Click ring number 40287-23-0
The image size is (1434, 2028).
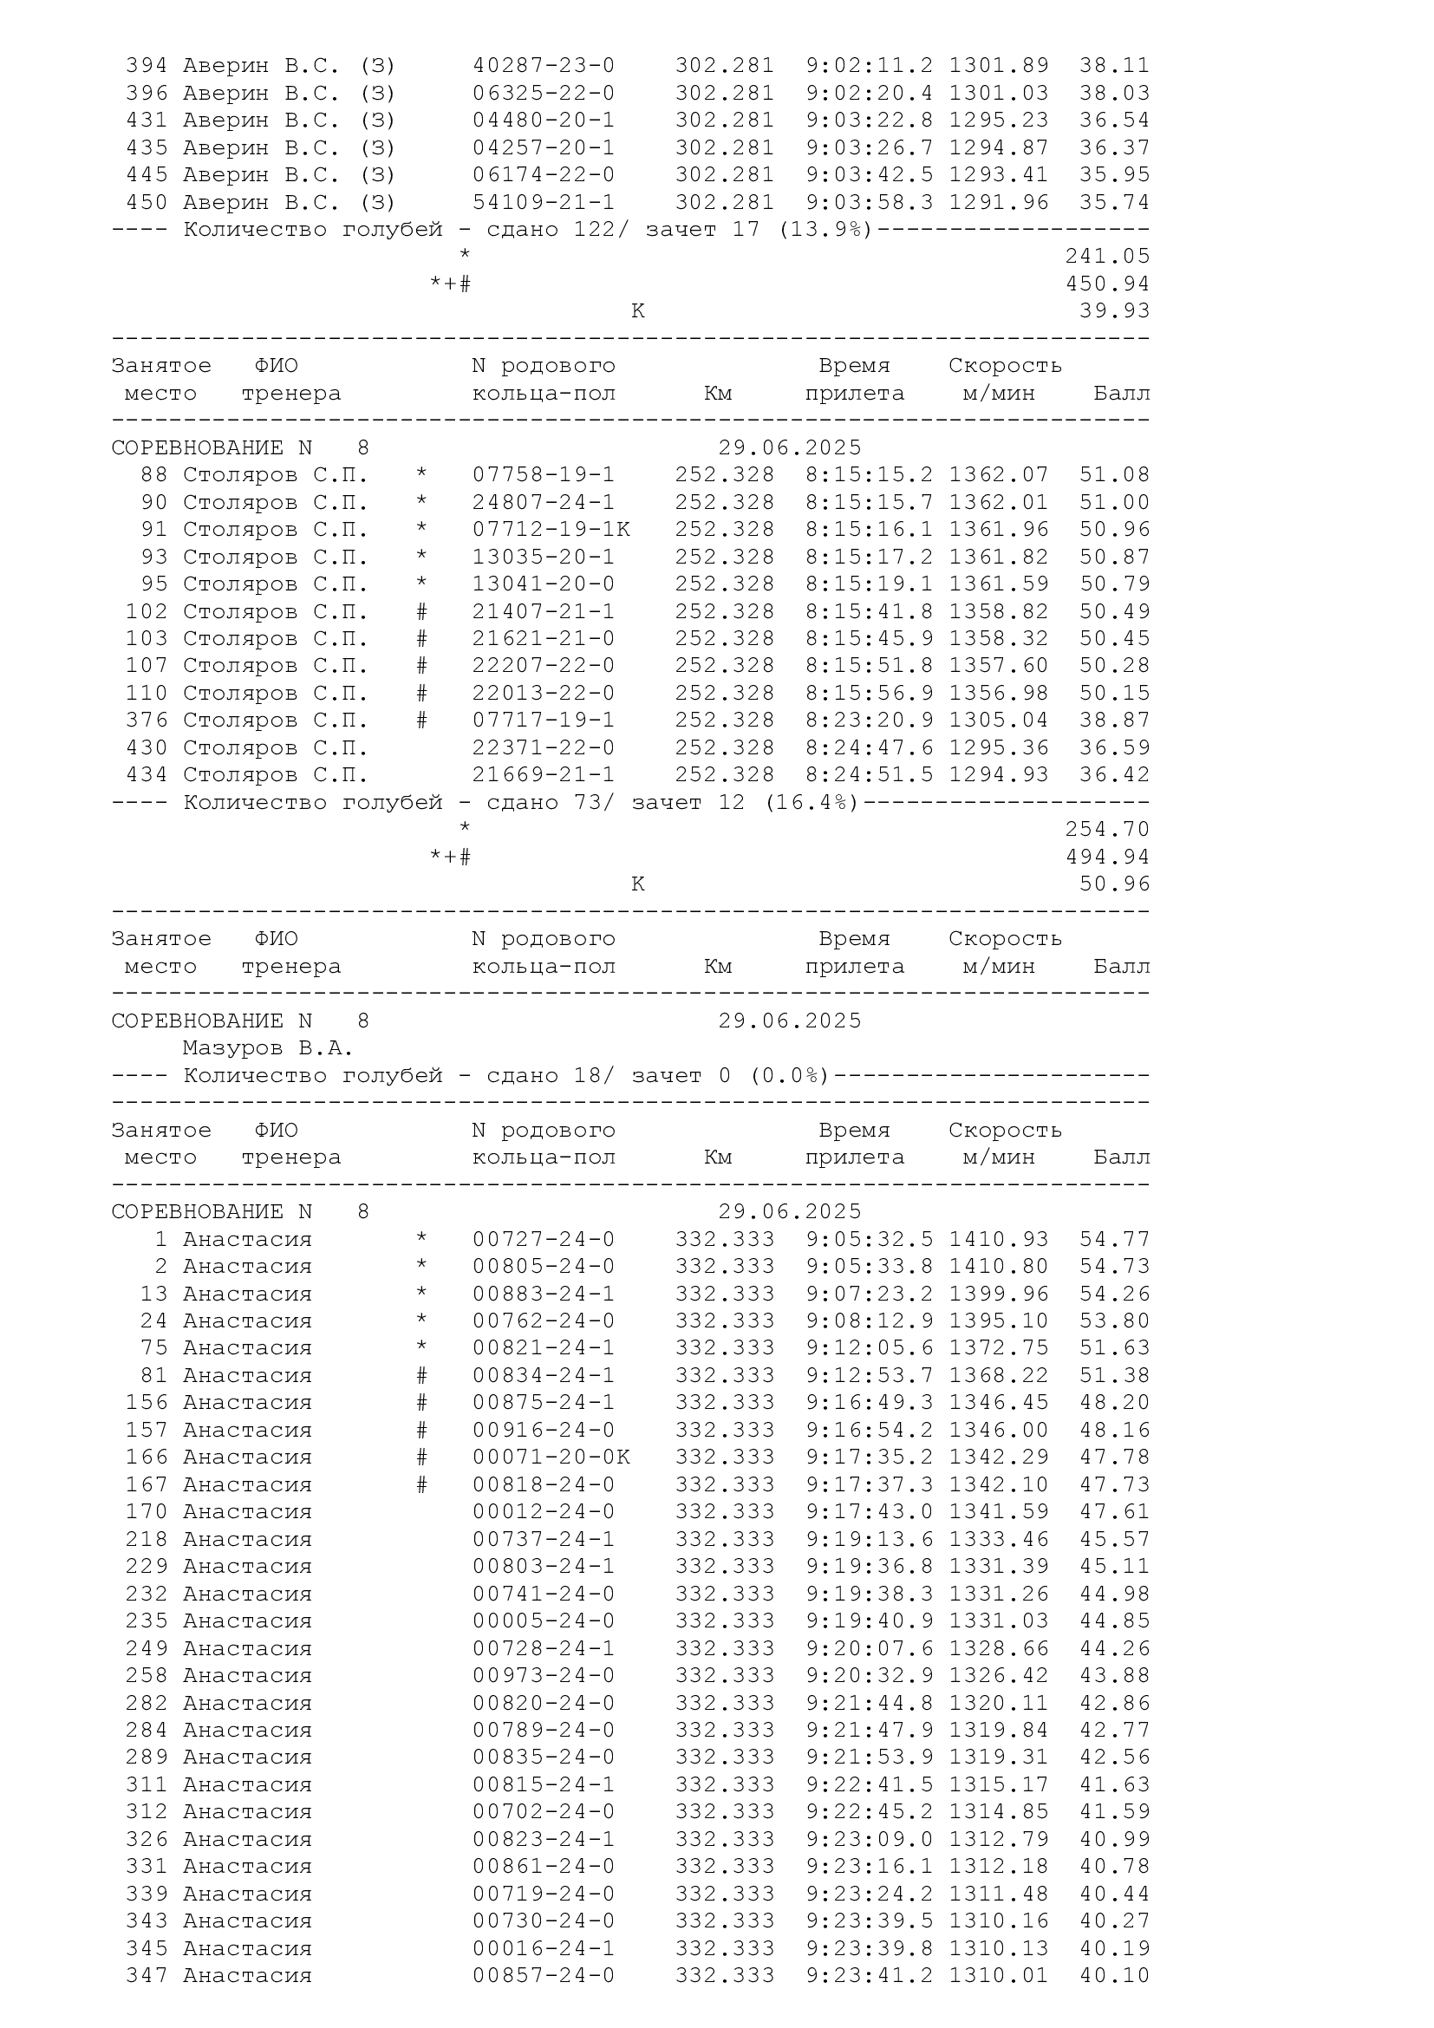coord(543,66)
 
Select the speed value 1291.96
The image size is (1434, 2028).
coord(999,203)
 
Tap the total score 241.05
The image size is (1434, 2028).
coord(1107,257)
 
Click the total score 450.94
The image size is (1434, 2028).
coord(1107,284)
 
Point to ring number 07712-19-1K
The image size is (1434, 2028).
coord(551,530)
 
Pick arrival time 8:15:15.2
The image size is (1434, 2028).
coord(869,475)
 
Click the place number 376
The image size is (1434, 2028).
coord(147,721)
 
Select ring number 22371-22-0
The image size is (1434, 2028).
coord(543,748)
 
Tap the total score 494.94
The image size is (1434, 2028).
coord(1107,857)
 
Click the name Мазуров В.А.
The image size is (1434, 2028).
coord(268,1048)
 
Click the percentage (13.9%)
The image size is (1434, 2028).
coord(825,231)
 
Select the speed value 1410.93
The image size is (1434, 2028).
coord(999,1240)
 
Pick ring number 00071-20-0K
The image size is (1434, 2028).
coord(551,1457)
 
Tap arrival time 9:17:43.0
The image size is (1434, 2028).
coord(869,1512)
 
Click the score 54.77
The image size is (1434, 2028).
coord(1114,1240)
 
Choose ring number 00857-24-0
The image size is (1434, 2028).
coord(543,1976)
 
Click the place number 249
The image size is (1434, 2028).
coord(147,1649)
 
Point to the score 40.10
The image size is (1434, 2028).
coord(1114,1976)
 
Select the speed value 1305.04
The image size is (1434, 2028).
coord(999,721)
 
